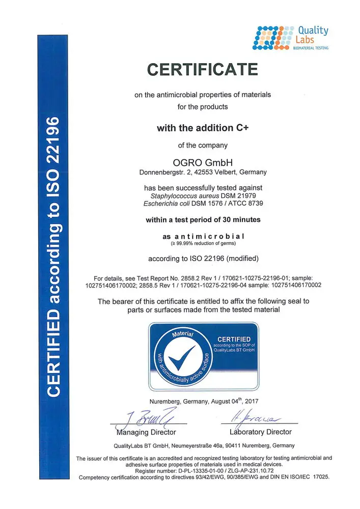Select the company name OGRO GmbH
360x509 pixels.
(x=203, y=162)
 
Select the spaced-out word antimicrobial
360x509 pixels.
(x=209, y=237)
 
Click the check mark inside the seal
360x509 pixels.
(x=182, y=358)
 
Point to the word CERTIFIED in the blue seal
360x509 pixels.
(x=234, y=339)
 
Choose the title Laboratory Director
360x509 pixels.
(x=261, y=432)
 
